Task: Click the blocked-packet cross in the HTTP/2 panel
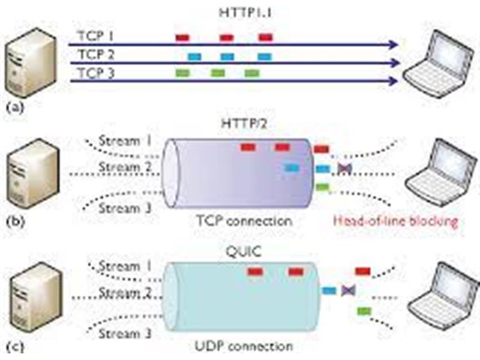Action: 344,169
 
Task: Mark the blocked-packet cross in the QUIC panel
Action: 347,291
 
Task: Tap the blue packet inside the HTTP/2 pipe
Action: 292,168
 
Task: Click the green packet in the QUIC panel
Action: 363,310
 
